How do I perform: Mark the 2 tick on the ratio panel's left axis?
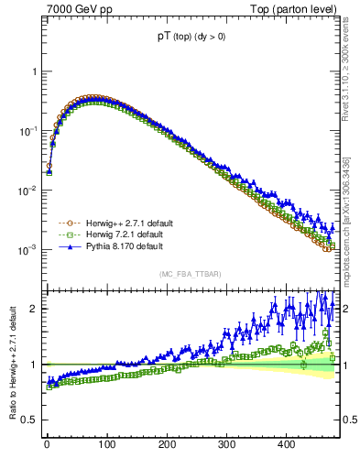[x=28, y=309]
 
